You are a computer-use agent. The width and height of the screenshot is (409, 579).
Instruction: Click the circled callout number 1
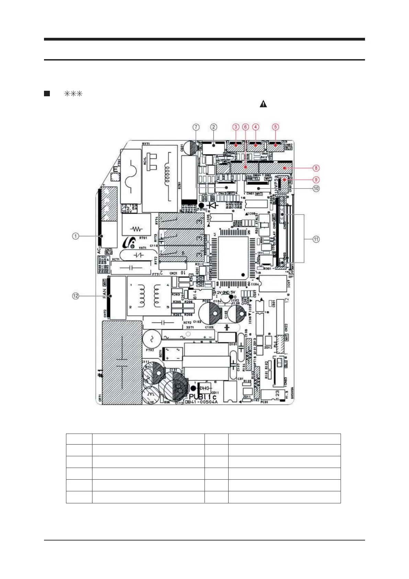[x=76, y=236]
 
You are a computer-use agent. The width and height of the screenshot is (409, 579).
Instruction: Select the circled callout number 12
[x=76, y=296]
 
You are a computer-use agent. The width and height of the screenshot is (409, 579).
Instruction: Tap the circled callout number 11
[x=316, y=239]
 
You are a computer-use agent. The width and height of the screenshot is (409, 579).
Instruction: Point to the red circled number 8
[x=316, y=168]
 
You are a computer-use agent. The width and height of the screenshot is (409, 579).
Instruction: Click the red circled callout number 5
[x=275, y=127]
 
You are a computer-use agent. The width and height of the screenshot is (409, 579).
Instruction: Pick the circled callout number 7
[x=196, y=127]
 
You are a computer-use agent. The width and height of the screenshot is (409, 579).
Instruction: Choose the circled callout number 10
[x=316, y=188]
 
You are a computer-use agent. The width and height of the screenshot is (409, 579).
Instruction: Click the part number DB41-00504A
[x=201, y=402]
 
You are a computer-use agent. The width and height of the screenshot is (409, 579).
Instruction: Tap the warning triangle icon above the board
[x=263, y=103]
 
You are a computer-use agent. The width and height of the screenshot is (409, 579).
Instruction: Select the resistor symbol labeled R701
[x=136, y=229]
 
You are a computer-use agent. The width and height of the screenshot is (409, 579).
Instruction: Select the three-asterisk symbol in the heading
[x=73, y=94]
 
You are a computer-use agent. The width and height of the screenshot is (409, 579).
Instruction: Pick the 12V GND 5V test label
[x=226, y=292]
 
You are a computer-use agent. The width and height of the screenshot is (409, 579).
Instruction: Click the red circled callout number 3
[x=236, y=127]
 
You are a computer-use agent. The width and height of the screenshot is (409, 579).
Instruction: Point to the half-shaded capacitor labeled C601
[x=189, y=148]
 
